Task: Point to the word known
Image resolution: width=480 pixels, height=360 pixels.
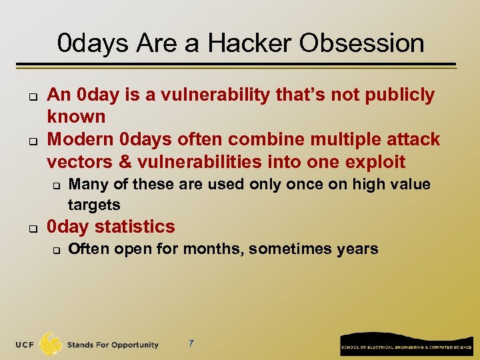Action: [76, 117]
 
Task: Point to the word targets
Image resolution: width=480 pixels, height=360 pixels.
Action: [94, 205]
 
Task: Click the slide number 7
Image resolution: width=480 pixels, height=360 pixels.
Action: [191, 344]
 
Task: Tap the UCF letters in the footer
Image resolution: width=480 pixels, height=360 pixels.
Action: [26, 345]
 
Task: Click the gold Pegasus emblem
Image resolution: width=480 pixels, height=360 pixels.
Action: [51, 343]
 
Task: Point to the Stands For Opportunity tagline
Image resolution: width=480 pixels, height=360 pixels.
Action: [113, 345]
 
